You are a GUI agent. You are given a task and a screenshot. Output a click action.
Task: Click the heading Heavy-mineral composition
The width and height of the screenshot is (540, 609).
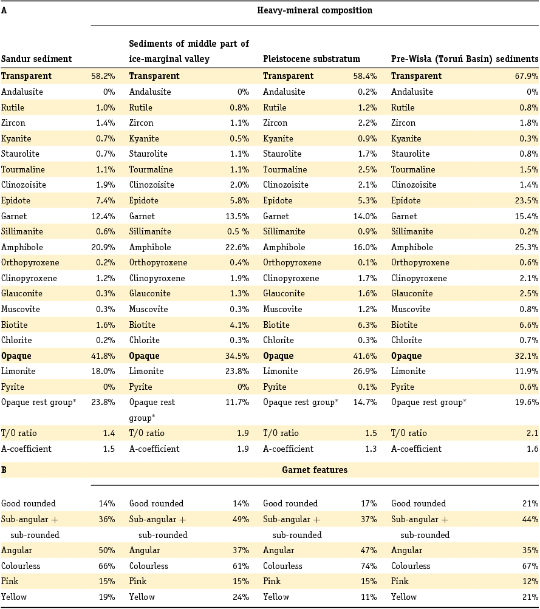pyautogui.click(x=315, y=10)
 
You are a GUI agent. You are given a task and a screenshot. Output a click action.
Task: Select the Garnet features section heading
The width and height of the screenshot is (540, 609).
pyautogui.click(x=315, y=469)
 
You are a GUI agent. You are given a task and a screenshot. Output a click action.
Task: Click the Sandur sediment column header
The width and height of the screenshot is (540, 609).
pyautogui.click(x=36, y=59)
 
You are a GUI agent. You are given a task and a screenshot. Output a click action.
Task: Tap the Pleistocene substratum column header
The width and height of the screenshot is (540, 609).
pyautogui.click(x=312, y=59)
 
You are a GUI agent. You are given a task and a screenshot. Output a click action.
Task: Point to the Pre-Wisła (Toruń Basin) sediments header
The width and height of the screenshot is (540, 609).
pyautogui.click(x=465, y=59)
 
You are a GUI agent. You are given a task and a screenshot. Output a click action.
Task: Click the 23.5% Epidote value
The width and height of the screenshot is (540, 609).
pyautogui.click(x=526, y=200)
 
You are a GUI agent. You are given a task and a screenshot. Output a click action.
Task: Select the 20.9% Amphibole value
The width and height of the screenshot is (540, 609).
pyautogui.click(x=103, y=247)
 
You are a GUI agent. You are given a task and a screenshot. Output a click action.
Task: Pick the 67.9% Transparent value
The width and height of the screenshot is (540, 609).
pyautogui.click(x=526, y=76)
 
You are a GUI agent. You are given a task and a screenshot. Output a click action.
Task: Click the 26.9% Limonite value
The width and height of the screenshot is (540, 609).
pyautogui.click(x=364, y=371)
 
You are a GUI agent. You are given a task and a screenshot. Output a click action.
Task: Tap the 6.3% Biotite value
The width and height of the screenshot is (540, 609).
pyautogui.click(x=367, y=325)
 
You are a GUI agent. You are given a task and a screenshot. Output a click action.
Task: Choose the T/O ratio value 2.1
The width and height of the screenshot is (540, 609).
pyautogui.click(x=532, y=433)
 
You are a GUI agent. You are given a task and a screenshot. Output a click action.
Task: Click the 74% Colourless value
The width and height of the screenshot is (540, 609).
pyautogui.click(x=367, y=566)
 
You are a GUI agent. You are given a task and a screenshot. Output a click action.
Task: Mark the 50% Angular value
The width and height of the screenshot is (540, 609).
pyautogui.click(x=106, y=550)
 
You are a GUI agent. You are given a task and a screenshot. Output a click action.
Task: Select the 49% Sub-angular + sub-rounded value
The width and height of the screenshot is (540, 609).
pyautogui.click(x=240, y=519)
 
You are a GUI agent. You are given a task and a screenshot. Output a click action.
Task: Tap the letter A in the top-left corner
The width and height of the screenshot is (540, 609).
pyautogui.click(x=4, y=10)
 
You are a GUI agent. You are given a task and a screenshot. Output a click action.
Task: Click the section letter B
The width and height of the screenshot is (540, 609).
pyautogui.click(x=4, y=469)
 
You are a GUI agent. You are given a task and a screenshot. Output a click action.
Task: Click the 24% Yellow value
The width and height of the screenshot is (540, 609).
pyautogui.click(x=240, y=597)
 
